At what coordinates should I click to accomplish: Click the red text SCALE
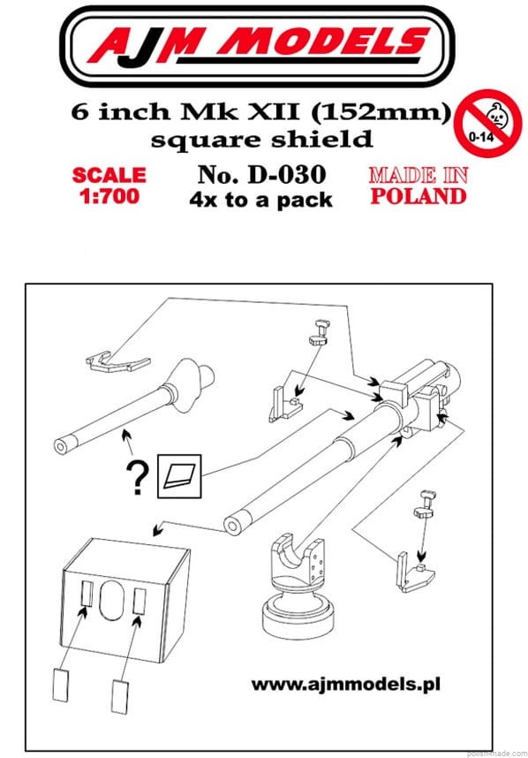tap(109, 175)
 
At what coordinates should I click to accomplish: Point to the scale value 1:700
tap(109, 196)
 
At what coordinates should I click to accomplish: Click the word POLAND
tap(419, 196)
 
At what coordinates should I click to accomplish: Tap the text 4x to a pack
tap(260, 200)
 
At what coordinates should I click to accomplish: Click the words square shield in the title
tap(262, 140)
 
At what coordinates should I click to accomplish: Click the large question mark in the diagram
tap(138, 478)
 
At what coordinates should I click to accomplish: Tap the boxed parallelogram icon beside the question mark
tap(179, 476)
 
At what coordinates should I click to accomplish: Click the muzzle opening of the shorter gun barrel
tap(60, 446)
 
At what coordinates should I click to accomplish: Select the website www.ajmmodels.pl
tap(345, 685)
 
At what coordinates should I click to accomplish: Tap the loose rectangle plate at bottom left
tap(60, 684)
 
